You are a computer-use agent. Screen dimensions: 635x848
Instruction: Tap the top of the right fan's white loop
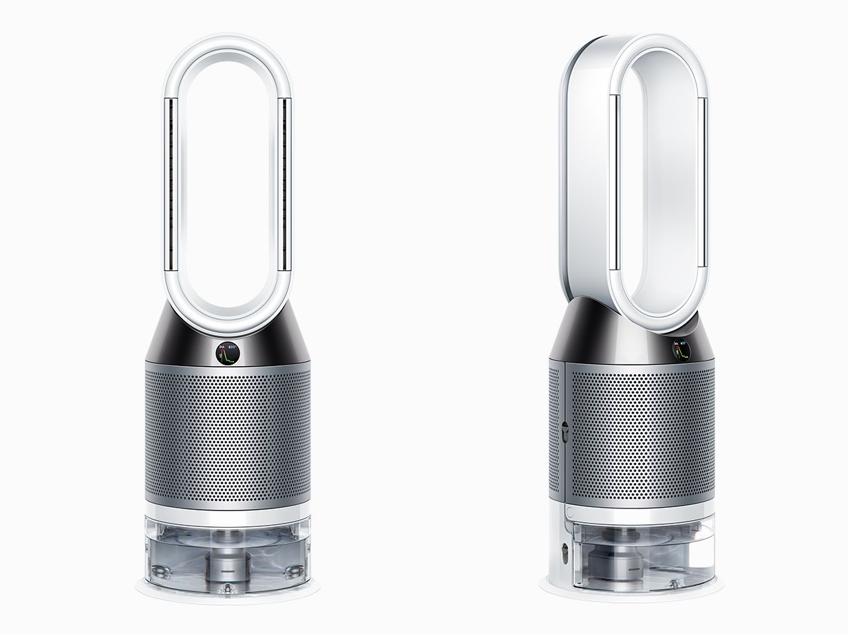pos(661,41)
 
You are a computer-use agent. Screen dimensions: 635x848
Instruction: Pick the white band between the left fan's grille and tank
pos(229,508)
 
